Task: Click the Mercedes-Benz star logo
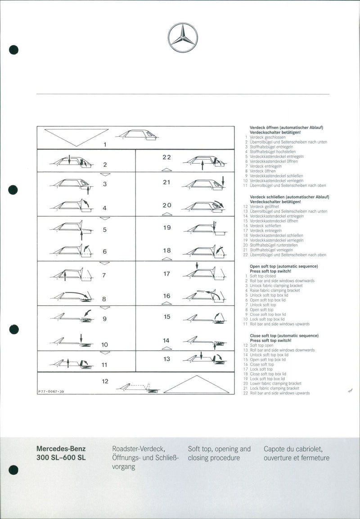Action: click(x=183, y=38)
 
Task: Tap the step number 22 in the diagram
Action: click(x=167, y=157)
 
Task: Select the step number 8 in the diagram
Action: click(x=104, y=299)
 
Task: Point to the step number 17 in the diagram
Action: click(x=166, y=273)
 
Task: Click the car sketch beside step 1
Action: click(x=137, y=134)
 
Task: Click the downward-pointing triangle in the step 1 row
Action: click(x=76, y=137)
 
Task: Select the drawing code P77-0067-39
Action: click(x=51, y=392)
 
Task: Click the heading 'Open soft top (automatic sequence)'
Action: click(x=284, y=266)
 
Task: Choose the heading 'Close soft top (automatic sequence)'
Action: click(x=284, y=336)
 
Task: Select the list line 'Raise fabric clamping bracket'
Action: click(x=275, y=290)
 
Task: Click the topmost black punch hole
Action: click(x=13, y=49)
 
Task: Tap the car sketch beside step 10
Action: click(x=72, y=341)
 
